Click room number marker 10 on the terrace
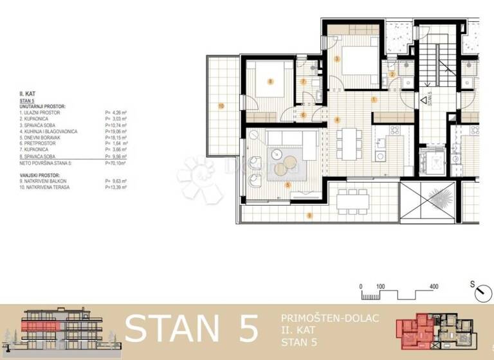[221, 105]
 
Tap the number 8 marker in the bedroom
[271, 81]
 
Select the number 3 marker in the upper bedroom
[338, 59]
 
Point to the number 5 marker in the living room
[288, 184]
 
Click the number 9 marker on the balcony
[309, 215]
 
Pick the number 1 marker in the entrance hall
[374, 99]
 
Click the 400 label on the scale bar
[434, 286]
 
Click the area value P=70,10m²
[116, 164]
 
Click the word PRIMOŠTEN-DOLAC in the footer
[330, 318]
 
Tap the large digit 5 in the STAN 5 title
[243, 329]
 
